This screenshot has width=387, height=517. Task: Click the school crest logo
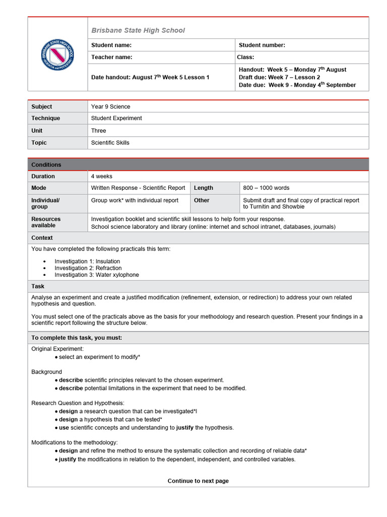(57, 55)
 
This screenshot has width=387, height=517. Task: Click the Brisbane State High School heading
(138, 30)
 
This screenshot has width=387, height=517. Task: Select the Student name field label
(111, 45)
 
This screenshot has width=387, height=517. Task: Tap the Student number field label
(262, 45)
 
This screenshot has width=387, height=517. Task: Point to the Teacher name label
(111, 58)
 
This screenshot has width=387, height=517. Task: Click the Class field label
(246, 58)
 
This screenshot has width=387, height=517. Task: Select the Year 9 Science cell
(110, 107)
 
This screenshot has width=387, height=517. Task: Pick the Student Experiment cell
(116, 118)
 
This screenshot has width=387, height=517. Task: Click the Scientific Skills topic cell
(110, 143)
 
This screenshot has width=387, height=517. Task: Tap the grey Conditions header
(46, 165)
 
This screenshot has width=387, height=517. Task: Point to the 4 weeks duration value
(101, 177)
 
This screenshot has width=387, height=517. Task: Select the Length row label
(203, 188)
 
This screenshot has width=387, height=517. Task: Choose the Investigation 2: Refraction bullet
(88, 268)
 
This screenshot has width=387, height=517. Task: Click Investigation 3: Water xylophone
(96, 275)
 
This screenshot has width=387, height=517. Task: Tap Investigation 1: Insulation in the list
(87, 262)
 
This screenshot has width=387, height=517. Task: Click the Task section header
(38, 286)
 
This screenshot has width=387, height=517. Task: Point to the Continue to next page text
(198, 481)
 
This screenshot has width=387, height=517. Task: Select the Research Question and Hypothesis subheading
(78, 403)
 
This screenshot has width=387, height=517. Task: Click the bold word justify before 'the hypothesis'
(185, 428)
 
